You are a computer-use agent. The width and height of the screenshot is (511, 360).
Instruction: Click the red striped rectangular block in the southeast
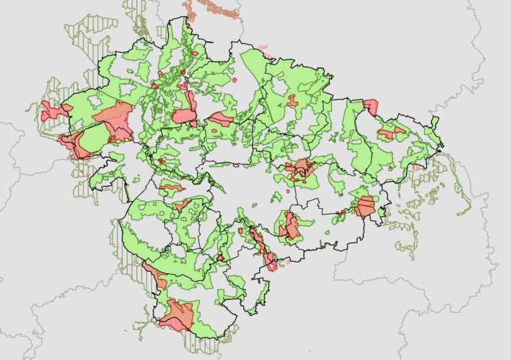[365, 206]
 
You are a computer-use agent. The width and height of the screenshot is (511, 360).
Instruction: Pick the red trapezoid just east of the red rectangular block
[220, 120]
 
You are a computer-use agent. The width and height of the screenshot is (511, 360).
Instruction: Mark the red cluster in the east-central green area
[299, 169]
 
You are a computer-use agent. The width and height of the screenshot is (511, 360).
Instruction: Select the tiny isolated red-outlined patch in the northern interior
[235, 80]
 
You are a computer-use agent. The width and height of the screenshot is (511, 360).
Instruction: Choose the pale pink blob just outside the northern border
[263, 47]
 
